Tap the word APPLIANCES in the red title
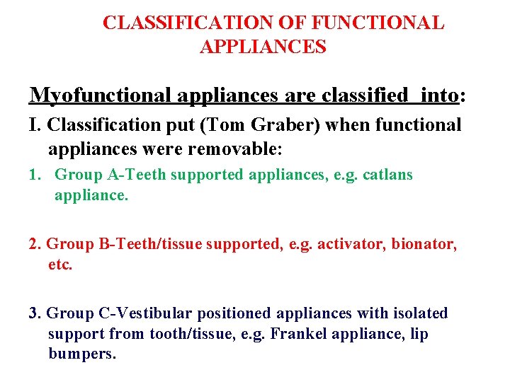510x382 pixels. point(263,47)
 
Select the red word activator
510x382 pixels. point(348,244)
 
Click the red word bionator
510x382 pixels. point(421,244)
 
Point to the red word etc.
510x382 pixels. point(60,265)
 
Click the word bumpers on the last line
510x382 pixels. point(81,354)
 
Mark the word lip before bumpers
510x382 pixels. point(418,333)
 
